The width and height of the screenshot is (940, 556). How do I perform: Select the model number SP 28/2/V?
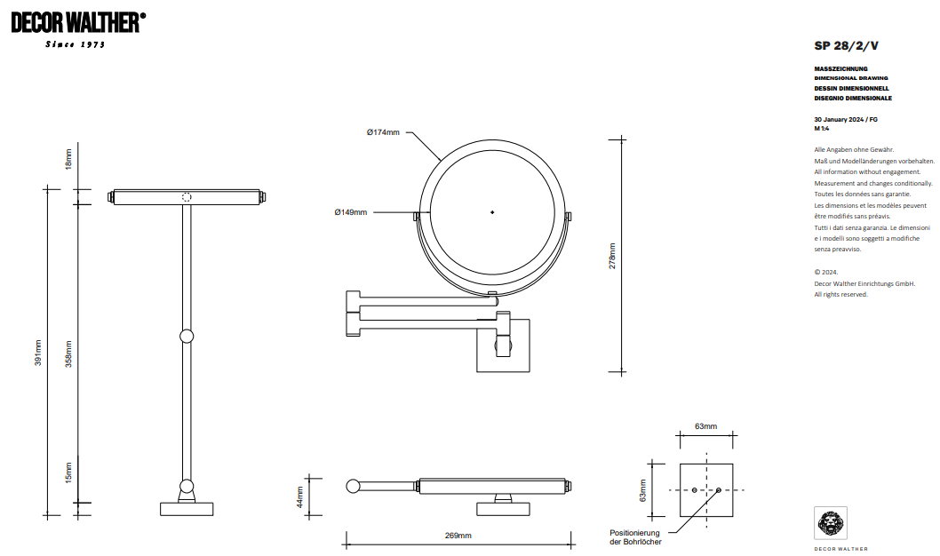pyautogui.click(x=846, y=45)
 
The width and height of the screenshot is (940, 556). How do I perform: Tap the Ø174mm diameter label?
pyautogui.click(x=383, y=132)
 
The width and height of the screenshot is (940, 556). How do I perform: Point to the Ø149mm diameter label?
pyautogui.click(x=350, y=212)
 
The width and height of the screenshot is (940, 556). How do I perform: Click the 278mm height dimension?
pyautogui.click(x=612, y=257)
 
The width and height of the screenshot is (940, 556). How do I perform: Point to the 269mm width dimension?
pyautogui.click(x=458, y=536)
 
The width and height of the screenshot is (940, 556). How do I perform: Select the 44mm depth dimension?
pyautogui.click(x=300, y=496)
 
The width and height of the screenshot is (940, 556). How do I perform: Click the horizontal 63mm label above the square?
pyautogui.click(x=705, y=426)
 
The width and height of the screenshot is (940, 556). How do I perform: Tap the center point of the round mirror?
pyautogui.click(x=492, y=212)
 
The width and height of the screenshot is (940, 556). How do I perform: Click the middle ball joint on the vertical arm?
pyautogui.click(x=187, y=337)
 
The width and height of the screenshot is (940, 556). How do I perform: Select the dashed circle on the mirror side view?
pyautogui.click(x=187, y=197)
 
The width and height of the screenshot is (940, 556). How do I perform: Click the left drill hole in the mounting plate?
pyautogui.click(x=694, y=490)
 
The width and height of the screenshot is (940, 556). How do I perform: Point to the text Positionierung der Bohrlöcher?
pyautogui.click(x=635, y=536)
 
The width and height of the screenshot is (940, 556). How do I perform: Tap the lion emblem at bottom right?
pyautogui.click(x=831, y=523)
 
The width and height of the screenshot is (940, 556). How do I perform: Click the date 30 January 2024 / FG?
pyautogui.click(x=846, y=119)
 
